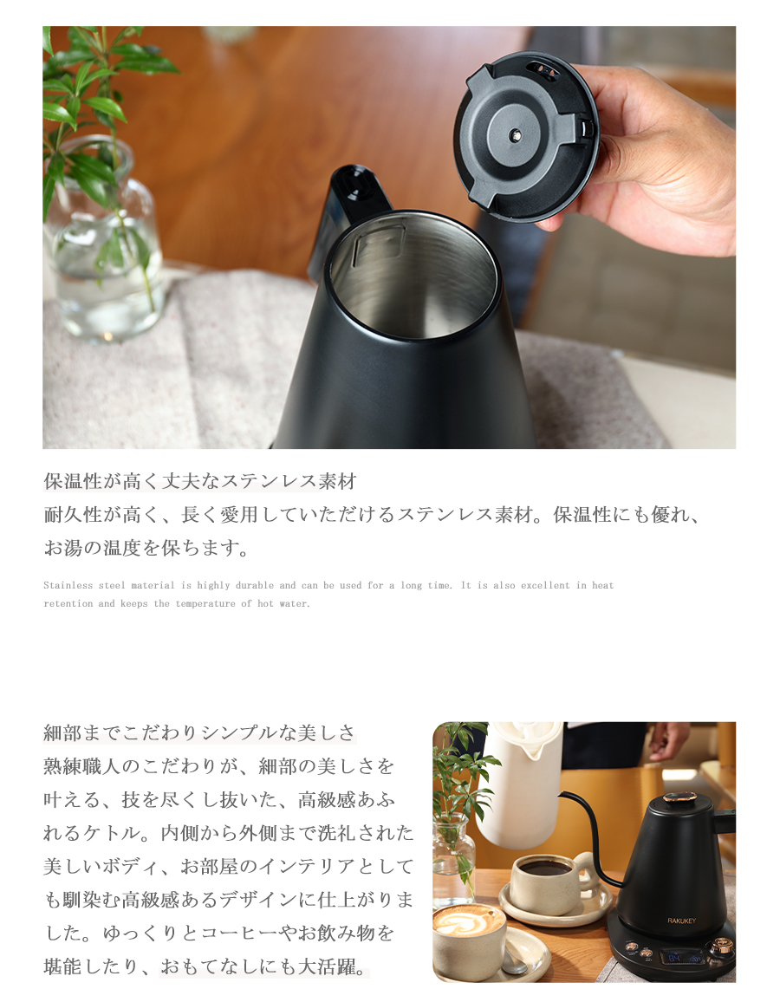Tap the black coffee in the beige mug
pos(545,868)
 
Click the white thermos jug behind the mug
pos(519,780)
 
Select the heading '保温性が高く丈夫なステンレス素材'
pos(200,481)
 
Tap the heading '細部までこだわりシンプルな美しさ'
pos(200,732)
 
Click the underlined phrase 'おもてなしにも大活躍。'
pos(264,967)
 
